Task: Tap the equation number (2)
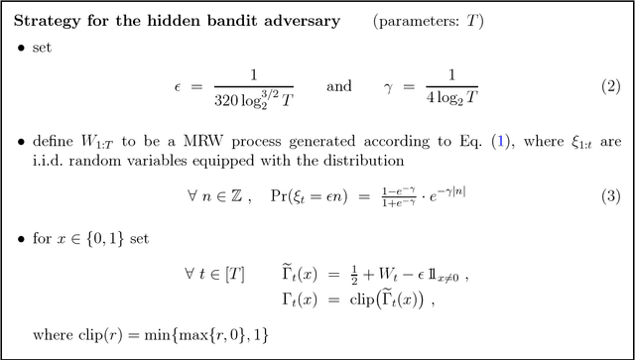610,86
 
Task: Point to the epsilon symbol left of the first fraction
178,86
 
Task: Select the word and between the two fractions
338,86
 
